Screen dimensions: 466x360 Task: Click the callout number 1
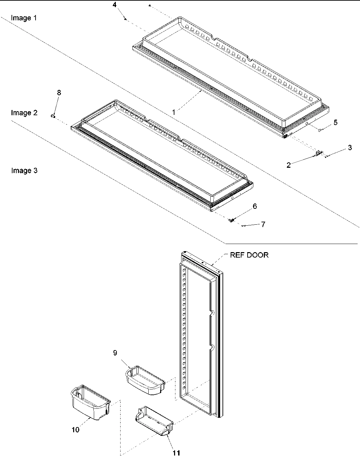tap(174, 112)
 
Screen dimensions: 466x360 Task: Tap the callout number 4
tap(114, 5)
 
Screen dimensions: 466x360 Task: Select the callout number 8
tap(59, 93)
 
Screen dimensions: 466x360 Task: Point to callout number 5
tap(335, 122)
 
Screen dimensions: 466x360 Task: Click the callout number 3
tap(350, 147)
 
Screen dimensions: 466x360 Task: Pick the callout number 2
tap(289, 165)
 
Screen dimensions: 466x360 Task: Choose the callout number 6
tap(255, 206)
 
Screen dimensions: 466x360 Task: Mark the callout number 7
tap(263, 224)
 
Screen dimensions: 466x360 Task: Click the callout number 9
tap(115, 353)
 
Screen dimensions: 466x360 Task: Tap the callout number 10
tap(75, 430)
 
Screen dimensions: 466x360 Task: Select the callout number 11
tap(176, 453)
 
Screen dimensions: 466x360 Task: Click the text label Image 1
tap(24, 18)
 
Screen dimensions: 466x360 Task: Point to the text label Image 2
tap(24, 113)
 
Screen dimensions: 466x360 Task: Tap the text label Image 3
tap(24, 170)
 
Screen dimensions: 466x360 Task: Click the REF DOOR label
tap(249, 255)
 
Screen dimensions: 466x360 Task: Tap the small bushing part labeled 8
tap(53, 116)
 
